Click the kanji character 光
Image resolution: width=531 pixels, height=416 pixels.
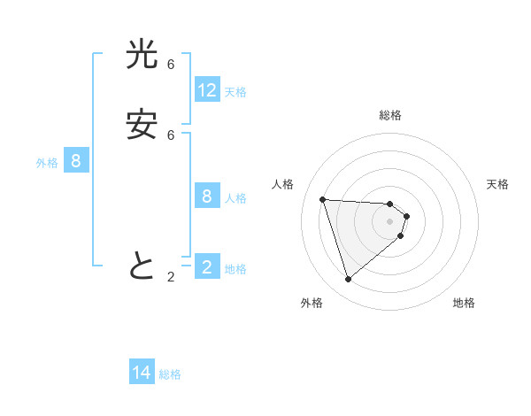[142, 55]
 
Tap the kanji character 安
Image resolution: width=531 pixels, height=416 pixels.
[142, 125]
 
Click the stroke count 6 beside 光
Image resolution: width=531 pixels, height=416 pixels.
[171, 65]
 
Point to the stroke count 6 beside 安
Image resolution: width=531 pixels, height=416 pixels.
[171, 135]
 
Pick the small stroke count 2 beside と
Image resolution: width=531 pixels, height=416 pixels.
[171, 277]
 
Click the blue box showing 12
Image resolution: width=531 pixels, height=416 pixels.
[207, 89]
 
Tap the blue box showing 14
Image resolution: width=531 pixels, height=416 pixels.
[142, 373]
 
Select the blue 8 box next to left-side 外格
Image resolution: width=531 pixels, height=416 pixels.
[76, 161]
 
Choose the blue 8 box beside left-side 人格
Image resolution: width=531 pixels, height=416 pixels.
[207, 196]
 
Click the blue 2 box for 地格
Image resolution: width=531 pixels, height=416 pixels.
[207, 266]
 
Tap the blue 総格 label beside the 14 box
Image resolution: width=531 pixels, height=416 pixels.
[170, 374]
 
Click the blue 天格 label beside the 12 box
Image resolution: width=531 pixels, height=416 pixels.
[235, 91]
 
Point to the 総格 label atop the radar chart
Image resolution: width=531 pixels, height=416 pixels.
[389, 115]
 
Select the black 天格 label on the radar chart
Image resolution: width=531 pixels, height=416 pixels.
[498, 184]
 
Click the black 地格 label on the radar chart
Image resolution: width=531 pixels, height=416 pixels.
[464, 303]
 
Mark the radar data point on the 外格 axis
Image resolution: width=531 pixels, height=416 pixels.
[348, 280]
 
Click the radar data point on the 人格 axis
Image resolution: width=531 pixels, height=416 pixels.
[322, 199]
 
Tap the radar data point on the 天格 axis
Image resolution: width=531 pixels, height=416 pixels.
[406, 216]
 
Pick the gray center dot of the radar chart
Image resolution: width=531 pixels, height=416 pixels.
[389, 221]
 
